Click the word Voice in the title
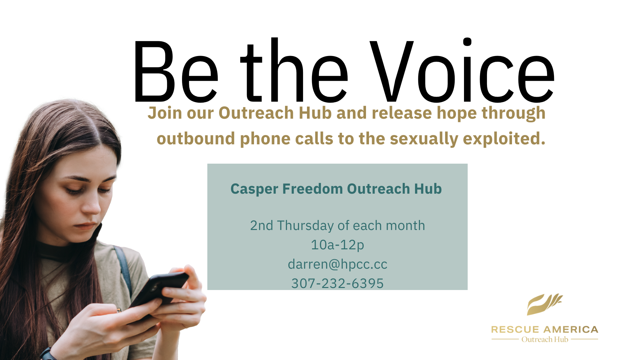pos(462,71)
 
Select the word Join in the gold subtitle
pos(165,113)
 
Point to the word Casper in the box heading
pos(254,189)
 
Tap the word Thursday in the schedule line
pos(305,226)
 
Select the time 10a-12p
pos(337,245)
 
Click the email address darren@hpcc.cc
pos(337,264)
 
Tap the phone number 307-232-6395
pos(337,283)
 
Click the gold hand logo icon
pos(544,304)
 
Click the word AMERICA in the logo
pos(571,330)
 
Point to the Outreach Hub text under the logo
pos(545,339)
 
